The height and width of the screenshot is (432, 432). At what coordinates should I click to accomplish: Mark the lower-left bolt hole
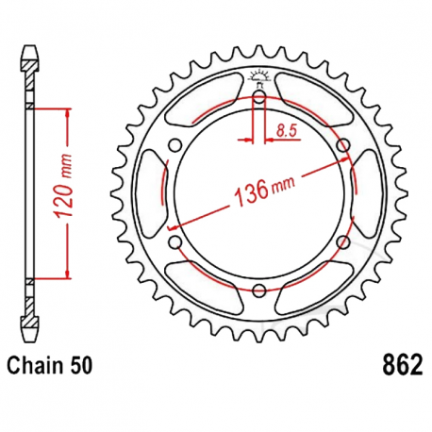pos(174,243)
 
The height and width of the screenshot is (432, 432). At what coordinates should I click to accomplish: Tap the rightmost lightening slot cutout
pos(368,193)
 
